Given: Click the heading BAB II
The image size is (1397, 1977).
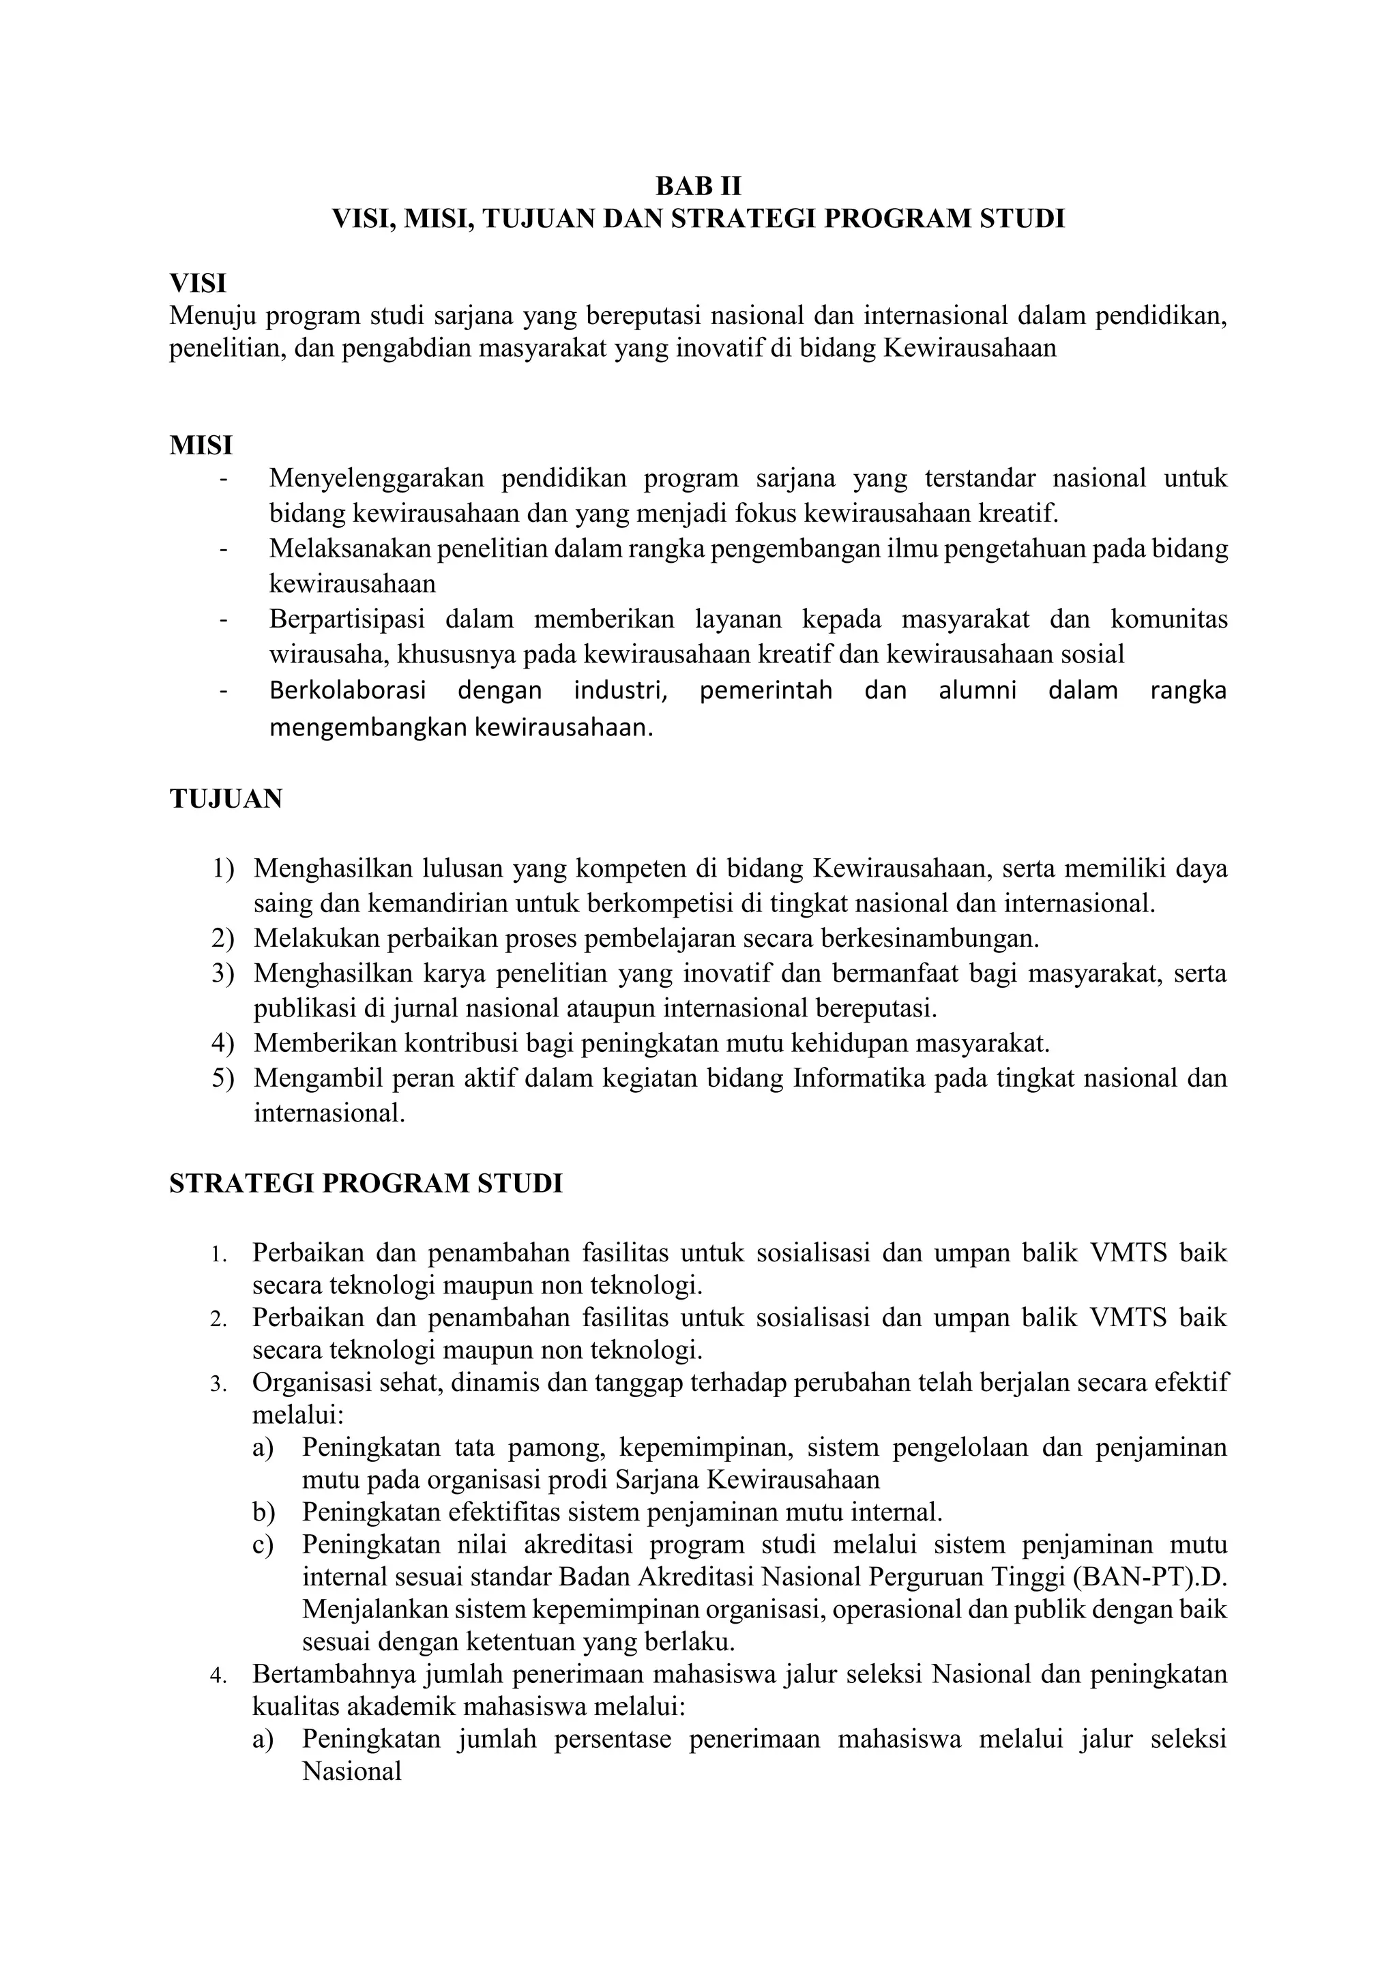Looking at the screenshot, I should (697, 187).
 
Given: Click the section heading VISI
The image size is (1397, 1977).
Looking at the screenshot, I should (197, 284).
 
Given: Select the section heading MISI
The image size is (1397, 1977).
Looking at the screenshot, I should (201, 446).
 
